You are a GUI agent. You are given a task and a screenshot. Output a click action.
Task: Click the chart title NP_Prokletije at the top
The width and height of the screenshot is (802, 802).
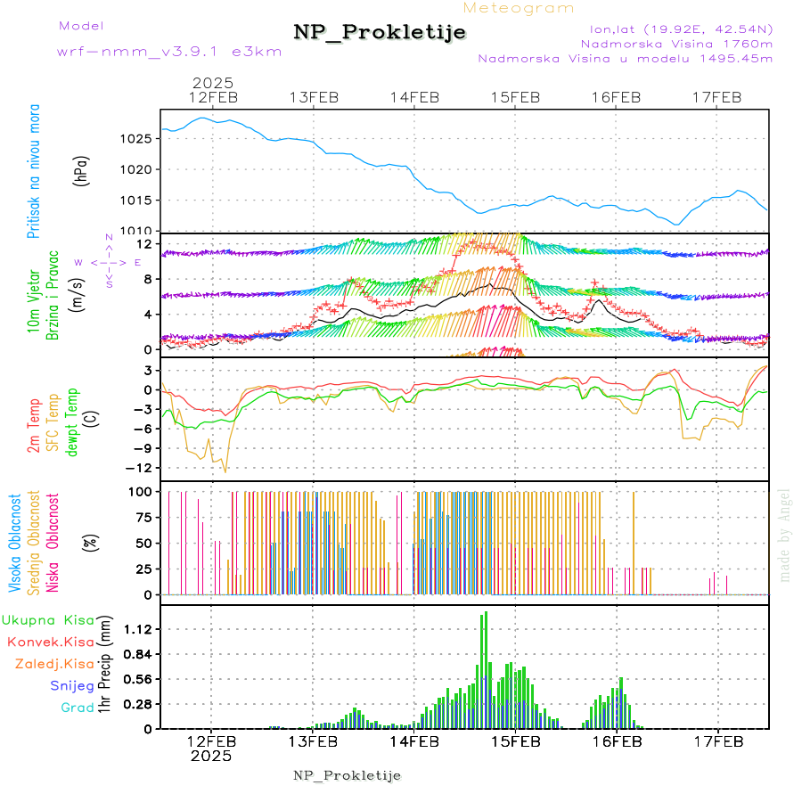[x=380, y=33]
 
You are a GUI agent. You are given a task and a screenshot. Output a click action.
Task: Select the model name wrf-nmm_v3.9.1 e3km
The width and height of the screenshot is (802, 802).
[x=169, y=52]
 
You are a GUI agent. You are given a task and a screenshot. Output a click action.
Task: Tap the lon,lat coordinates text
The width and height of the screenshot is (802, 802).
[x=675, y=28]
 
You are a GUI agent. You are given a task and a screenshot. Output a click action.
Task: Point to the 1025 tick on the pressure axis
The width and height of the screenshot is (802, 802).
[x=136, y=139]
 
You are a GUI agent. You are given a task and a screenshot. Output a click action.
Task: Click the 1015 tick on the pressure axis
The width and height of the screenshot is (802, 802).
[x=136, y=200]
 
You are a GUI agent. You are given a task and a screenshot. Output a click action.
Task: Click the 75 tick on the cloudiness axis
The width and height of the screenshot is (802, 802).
[x=141, y=517]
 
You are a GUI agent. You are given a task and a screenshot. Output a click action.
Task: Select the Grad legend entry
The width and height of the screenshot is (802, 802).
[x=77, y=708]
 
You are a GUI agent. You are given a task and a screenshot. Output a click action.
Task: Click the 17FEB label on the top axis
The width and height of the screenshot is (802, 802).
[x=717, y=97]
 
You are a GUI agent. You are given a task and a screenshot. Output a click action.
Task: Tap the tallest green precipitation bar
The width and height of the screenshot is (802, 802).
[x=486, y=668]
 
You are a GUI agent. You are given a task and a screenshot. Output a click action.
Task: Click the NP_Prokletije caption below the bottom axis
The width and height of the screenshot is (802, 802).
[x=348, y=775]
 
